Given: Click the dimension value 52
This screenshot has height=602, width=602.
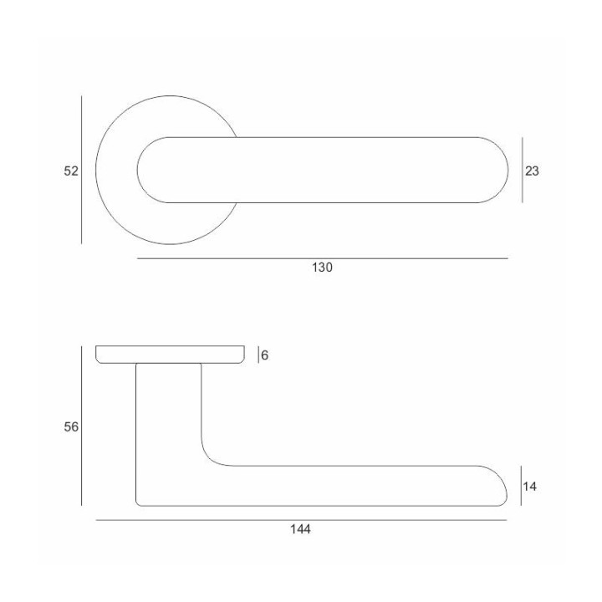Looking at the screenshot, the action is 71,171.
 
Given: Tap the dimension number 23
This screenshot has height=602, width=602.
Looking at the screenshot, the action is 532,171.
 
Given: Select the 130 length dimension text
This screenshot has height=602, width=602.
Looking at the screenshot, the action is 322,268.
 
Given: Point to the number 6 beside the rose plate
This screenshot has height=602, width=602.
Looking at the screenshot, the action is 264,355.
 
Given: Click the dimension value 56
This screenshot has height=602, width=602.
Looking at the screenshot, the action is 71,427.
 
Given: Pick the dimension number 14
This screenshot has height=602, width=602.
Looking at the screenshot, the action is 529,487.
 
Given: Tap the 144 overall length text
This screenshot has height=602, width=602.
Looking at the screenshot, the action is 300,529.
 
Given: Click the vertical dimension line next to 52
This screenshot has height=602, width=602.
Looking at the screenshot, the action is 81,170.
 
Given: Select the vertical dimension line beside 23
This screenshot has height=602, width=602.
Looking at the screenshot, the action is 522,170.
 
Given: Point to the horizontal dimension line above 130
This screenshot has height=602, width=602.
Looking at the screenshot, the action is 323,258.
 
